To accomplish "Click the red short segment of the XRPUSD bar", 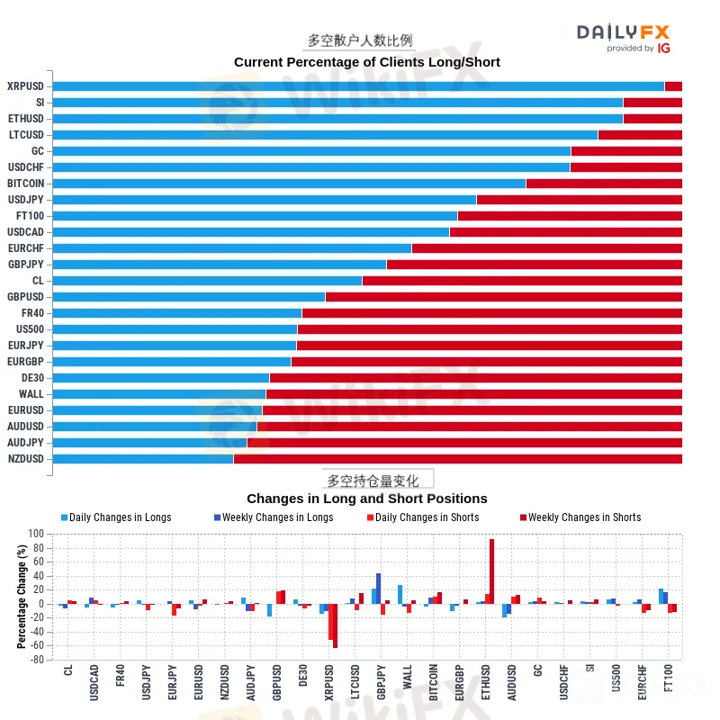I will pos(673,86).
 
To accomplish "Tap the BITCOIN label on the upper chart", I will pos(26,184).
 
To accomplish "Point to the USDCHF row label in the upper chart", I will pos(26,167).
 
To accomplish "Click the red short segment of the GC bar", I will pos(626,151).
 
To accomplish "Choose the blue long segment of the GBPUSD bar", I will pos(189,297).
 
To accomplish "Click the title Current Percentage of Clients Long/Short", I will pos(366,62).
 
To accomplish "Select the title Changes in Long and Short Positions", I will pos(366,499).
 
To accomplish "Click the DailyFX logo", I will pos(624,37).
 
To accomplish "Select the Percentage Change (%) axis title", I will pos(22,597).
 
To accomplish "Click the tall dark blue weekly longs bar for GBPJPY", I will pos(379,589).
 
